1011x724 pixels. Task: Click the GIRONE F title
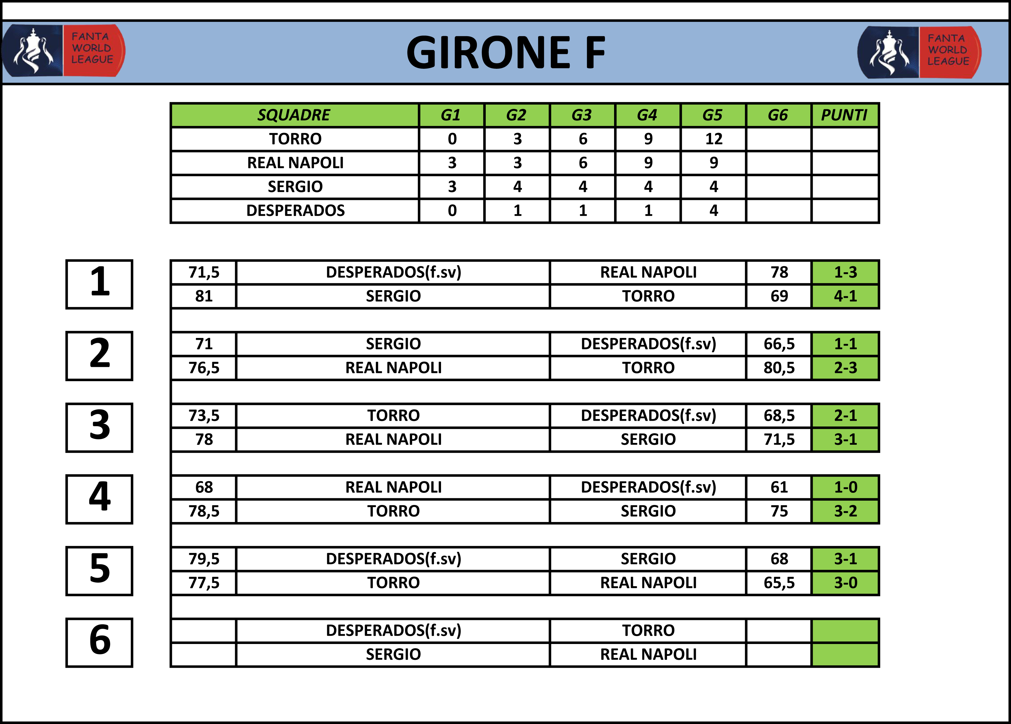tap(505, 53)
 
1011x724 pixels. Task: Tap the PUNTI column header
tap(844, 115)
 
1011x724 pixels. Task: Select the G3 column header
tap(582, 115)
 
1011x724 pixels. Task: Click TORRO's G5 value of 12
tap(713, 139)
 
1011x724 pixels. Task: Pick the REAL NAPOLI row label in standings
tap(295, 163)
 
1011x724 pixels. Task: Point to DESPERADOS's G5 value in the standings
tap(713, 211)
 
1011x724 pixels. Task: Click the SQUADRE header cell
tap(294, 115)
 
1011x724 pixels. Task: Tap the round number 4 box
tap(99, 499)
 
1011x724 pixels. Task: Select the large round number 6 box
tap(99, 642)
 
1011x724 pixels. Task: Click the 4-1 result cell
tap(845, 296)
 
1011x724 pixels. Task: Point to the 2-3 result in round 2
tap(845, 368)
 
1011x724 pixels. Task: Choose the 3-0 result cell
tap(845, 583)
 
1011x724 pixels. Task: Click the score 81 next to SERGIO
tap(204, 296)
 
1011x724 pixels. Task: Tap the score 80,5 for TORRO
tap(779, 368)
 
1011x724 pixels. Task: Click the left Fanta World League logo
tap(63, 50)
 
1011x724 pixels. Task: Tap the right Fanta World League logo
tap(919, 52)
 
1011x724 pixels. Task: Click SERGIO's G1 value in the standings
tap(452, 187)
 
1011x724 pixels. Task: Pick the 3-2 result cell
tap(845, 511)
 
